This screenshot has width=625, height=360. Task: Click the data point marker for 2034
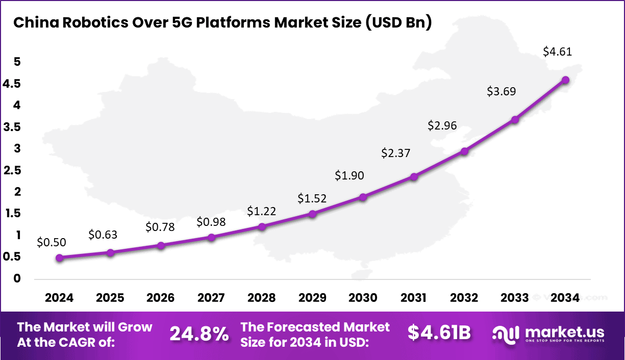click(x=565, y=80)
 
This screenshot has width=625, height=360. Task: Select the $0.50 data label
click(x=52, y=243)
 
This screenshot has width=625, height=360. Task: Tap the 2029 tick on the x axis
click(x=312, y=298)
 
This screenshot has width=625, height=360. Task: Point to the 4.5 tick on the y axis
click(x=11, y=84)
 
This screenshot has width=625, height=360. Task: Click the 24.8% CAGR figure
click(x=199, y=334)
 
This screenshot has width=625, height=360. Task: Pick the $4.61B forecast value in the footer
click(x=439, y=333)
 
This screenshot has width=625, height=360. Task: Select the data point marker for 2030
click(x=363, y=197)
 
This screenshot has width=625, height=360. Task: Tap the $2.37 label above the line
click(x=396, y=153)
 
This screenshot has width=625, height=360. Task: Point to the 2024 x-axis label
click(x=60, y=298)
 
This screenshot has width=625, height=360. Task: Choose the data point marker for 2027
click(x=211, y=237)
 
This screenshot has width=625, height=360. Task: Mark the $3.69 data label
click(x=501, y=92)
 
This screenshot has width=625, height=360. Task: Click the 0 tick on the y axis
click(x=17, y=278)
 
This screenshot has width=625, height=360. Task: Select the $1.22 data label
click(x=262, y=211)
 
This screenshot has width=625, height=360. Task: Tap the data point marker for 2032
click(x=464, y=151)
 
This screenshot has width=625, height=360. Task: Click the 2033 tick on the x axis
click(x=515, y=298)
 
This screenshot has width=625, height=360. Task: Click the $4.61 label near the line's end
click(x=558, y=52)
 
